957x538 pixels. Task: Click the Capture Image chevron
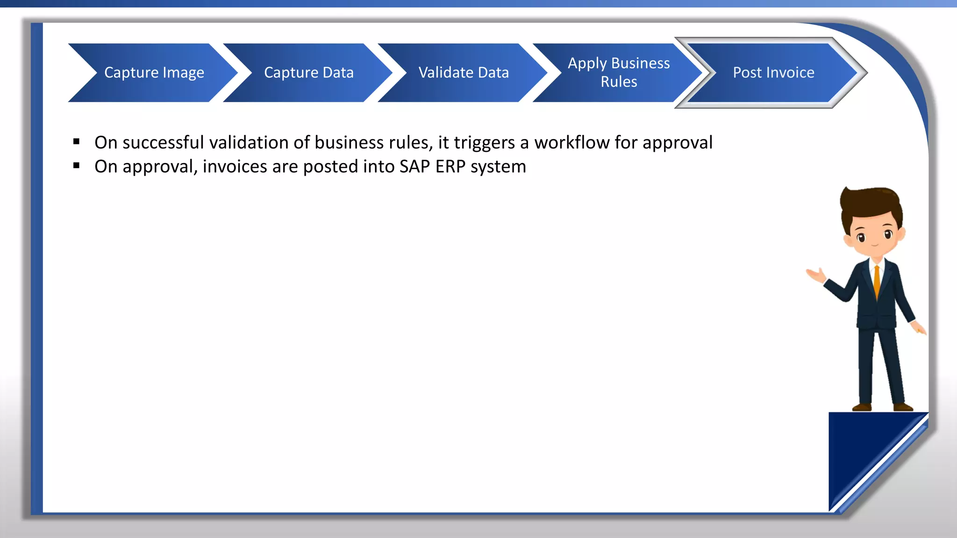[x=154, y=73]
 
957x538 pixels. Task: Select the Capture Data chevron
[x=308, y=73]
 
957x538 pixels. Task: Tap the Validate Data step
[x=463, y=73]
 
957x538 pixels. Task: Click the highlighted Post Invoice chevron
[x=773, y=73]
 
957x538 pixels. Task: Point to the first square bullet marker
[x=77, y=142]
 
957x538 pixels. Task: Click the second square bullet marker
[x=77, y=165]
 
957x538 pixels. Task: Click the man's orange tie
[x=877, y=280]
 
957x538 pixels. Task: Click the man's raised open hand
[x=815, y=275]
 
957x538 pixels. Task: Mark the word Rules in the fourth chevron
[x=619, y=82]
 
